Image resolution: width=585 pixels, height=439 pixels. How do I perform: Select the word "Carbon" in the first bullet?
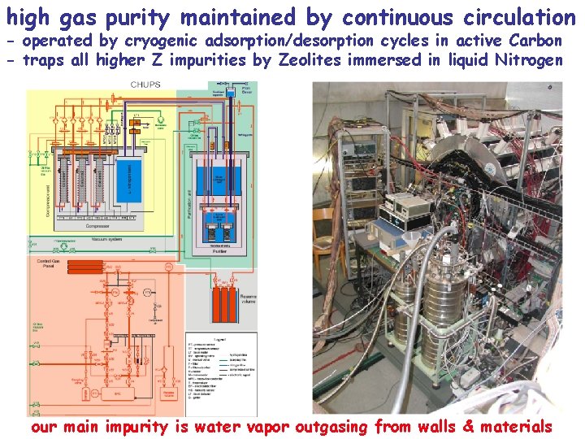tap(534, 41)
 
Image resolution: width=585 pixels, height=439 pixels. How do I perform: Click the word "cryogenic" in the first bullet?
tap(163, 41)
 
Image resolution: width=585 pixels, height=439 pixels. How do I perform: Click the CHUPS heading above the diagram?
tap(145, 85)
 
